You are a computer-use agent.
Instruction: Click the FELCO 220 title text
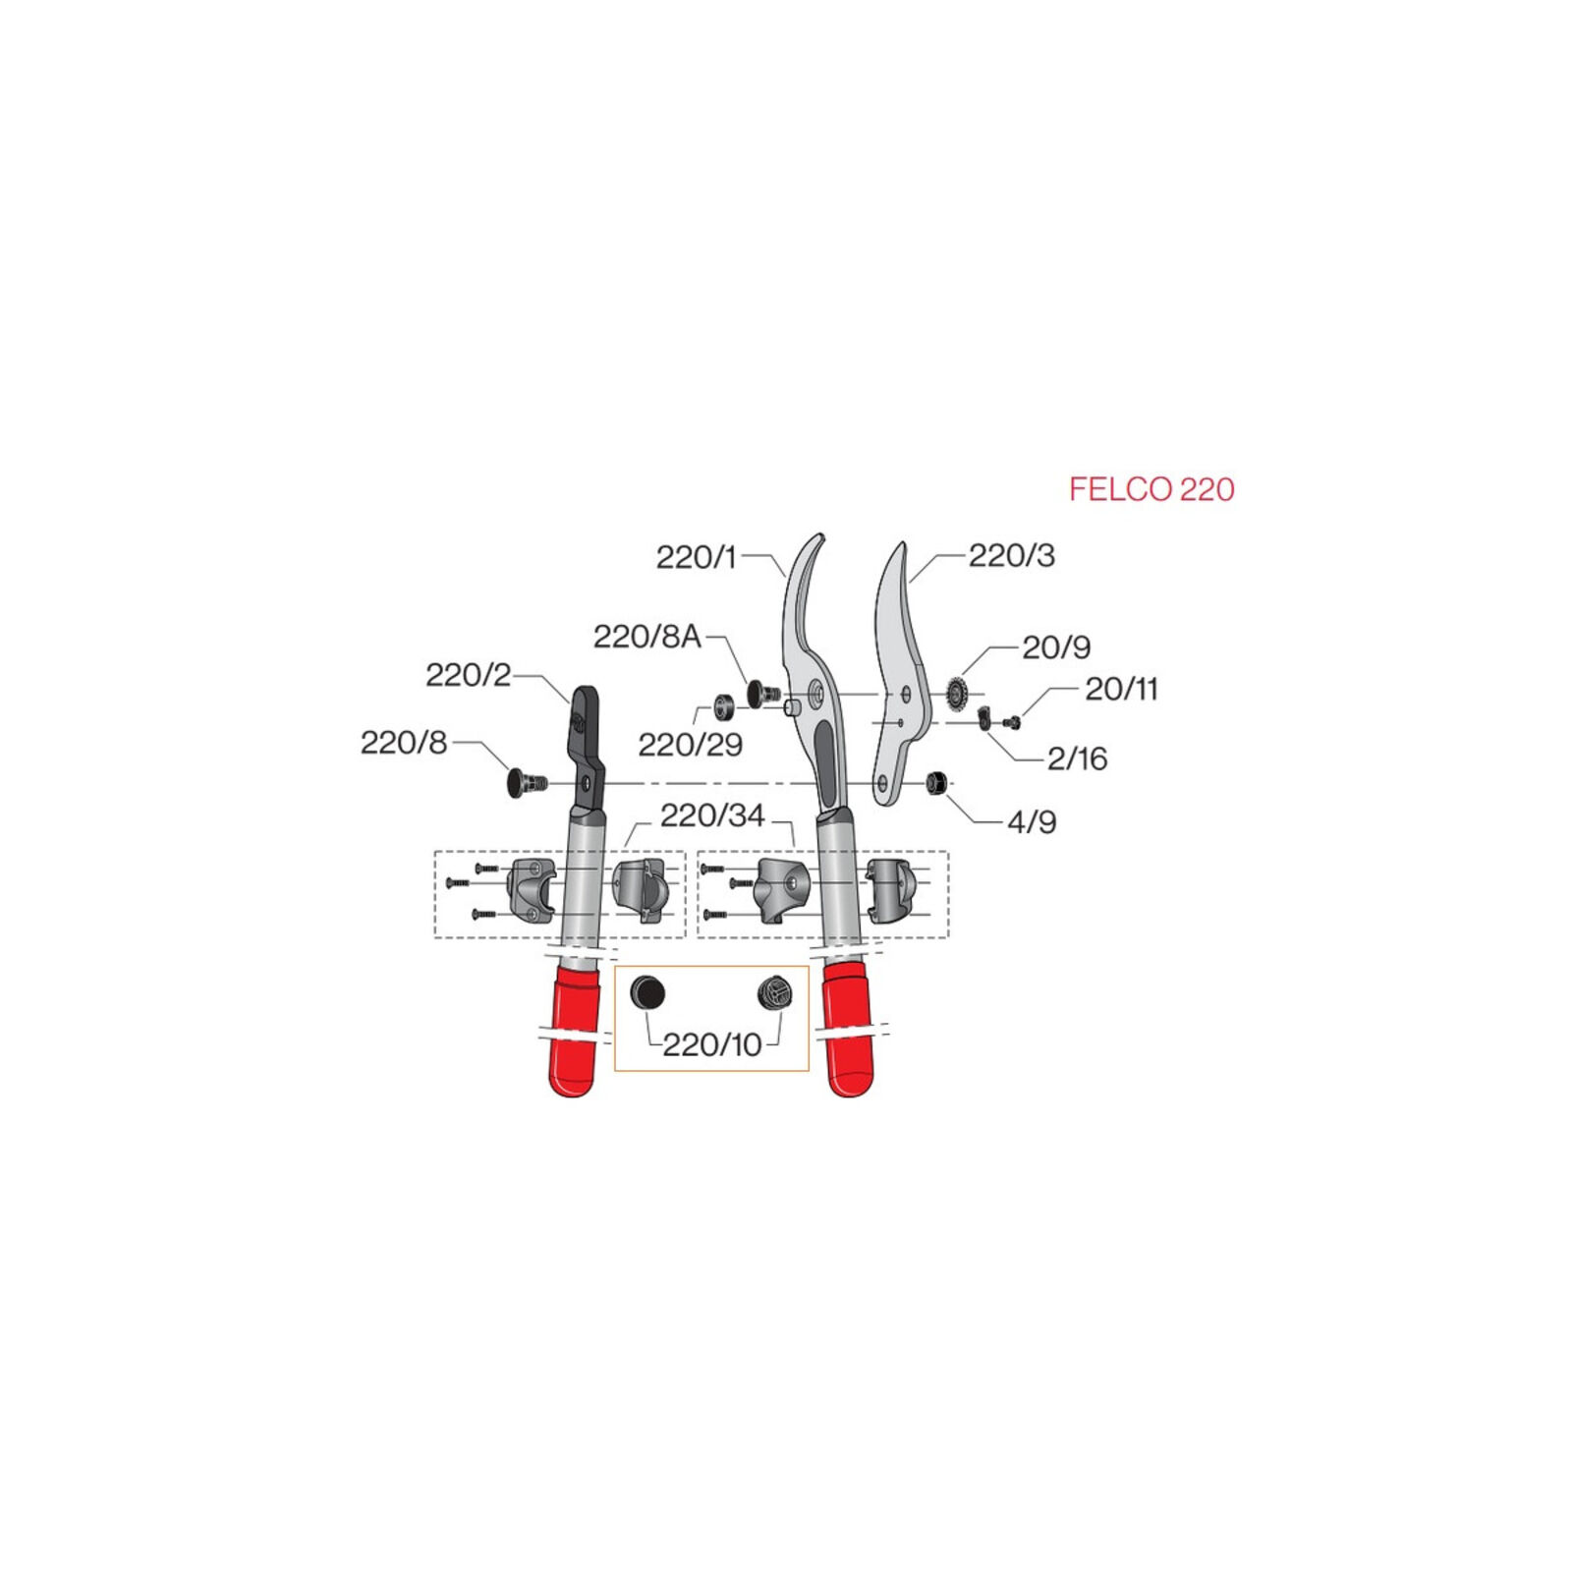coord(1151,489)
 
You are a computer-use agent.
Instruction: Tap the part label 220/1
coord(696,557)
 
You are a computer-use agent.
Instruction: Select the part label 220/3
coord(1011,555)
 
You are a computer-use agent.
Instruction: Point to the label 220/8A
coord(646,637)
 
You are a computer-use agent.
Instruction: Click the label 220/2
coord(468,675)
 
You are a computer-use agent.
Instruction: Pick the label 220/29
coord(690,745)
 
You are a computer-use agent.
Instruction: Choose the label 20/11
coord(1121,689)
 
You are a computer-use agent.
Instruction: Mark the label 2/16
coord(1077,758)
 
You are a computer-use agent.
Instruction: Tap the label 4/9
coord(1032,821)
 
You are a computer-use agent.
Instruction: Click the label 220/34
coord(711,815)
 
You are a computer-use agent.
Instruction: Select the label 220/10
coord(711,1044)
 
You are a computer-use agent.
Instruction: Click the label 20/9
coord(1056,646)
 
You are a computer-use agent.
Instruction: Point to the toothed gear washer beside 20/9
coord(957,694)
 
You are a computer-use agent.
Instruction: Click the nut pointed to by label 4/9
coord(934,783)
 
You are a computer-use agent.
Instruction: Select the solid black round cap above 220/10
coord(647,992)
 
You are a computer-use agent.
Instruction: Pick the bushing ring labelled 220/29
coord(724,705)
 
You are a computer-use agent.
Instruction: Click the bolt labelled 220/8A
coord(763,694)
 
